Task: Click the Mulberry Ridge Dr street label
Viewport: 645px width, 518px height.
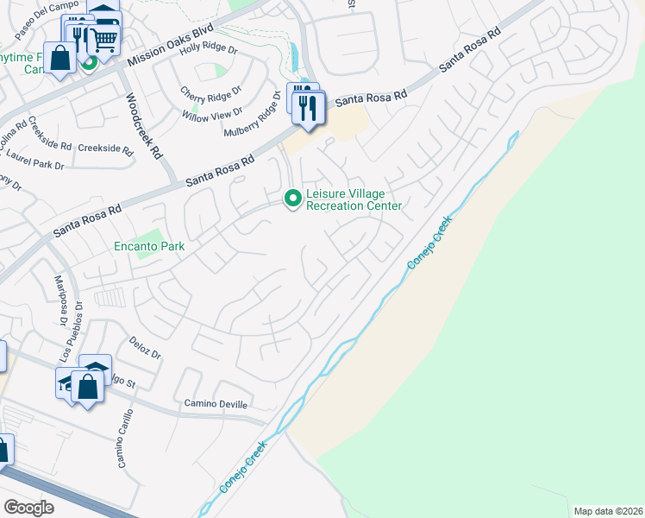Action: [253, 120]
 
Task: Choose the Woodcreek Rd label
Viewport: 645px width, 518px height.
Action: [143, 126]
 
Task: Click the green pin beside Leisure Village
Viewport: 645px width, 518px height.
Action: [293, 199]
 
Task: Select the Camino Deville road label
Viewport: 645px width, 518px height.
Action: [216, 404]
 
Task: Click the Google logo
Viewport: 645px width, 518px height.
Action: [28, 508]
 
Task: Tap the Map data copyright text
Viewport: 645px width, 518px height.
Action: [608, 511]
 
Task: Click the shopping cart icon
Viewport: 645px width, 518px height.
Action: [104, 37]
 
